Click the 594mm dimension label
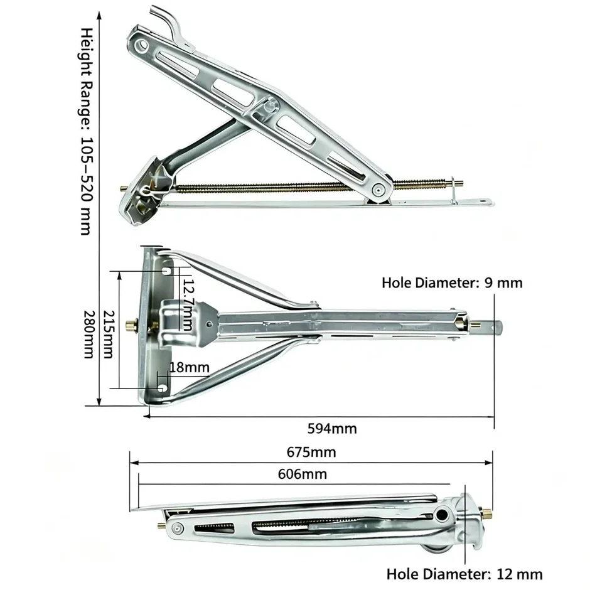(x=332, y=429)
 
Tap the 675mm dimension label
(x=311, y=452)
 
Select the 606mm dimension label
(x=303, y=474)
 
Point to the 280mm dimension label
(x=88, y=334)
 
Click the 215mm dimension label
(x=109, y=334)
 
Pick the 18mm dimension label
(x=190, y=367)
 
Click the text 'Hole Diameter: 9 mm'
(x=452, y=283)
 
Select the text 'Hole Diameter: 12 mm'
(x=464, y=574)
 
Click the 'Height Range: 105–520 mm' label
(x=87, y=131)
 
